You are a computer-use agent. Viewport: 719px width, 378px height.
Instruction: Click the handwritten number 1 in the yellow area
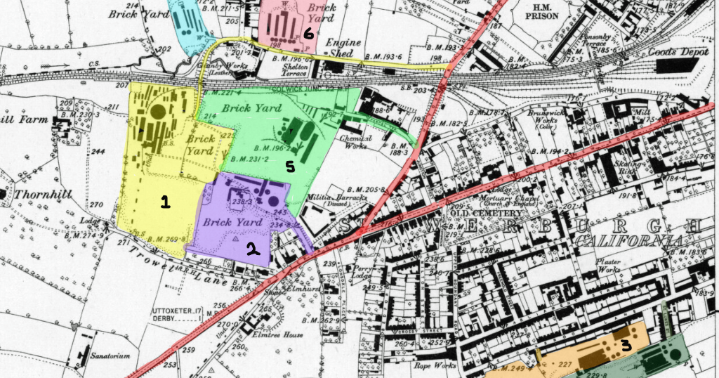coord(165,202)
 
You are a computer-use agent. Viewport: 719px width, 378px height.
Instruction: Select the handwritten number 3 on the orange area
coord(624,344)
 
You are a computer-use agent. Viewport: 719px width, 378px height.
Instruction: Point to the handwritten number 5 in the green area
coord(289,167)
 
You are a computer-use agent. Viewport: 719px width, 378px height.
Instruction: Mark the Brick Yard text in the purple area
coord(228,223)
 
